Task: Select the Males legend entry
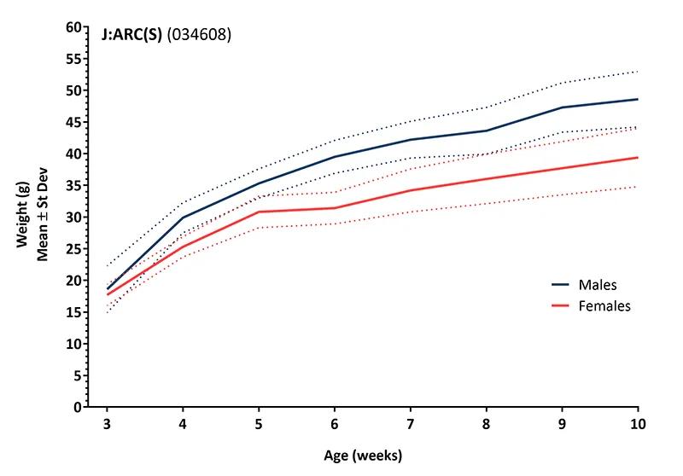pyautogui.click(x=598, y=285)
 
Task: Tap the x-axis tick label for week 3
pyautogui.click(x=106, y=424)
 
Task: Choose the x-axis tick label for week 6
pyautogui.click(x=334, y=424)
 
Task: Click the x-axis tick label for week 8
pyautogui.click(x=486, y=424)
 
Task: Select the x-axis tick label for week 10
pyautogui.click(x=637, y=424)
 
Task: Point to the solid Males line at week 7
pyautogui.click(x=410, y=139)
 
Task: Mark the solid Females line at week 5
pyautogui.click(x=258, y=212)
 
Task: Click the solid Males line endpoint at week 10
pyautogui.click(x=637, y=99)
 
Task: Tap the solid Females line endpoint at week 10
pyautogui.click(x=637, y=157)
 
